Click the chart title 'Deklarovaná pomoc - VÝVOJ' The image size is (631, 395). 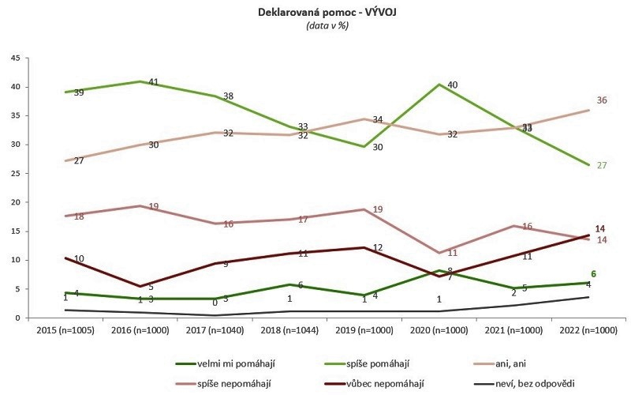tap(315, 13)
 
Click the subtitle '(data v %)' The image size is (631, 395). tap(315, 25)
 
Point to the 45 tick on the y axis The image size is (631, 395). tap(15, 58)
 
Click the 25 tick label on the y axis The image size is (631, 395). tap(15, 173)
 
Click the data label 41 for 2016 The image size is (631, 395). tap(155, 82)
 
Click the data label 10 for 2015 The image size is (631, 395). tap(78, 259)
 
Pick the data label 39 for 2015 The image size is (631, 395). tap(78, 93)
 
